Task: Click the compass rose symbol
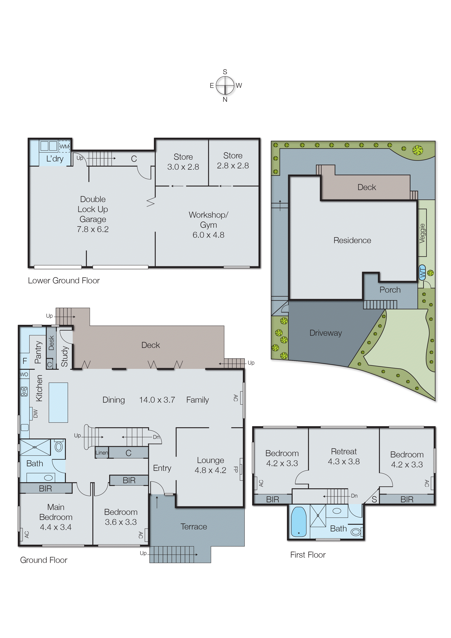coord(225,86)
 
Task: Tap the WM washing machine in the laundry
coord(64,146)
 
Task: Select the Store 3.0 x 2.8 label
coord(183,162)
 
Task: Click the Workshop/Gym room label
coord(208,225)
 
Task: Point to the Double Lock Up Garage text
coord(93,214)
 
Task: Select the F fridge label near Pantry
coord(25,361)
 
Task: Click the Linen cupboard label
coord(101,453)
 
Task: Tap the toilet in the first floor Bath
coord(356,532)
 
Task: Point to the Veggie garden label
coord(422,233)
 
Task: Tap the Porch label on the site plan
coord(390,290)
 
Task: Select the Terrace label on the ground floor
coord(194,527)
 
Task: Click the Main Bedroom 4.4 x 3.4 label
coord(56,517)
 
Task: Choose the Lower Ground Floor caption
coord(64,281)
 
